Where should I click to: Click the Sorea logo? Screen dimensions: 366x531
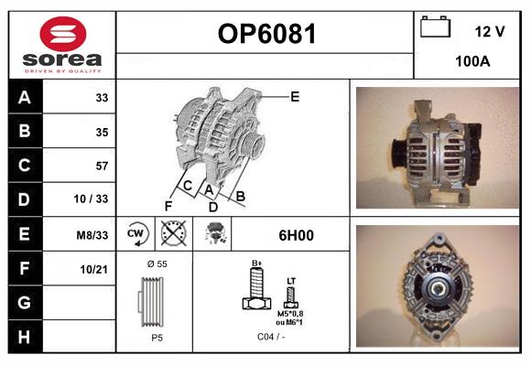(61, 46)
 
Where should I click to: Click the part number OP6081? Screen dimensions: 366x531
(265, 35)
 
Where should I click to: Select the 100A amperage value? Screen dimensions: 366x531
(472, 61)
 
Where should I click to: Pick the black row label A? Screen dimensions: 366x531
(25, 97)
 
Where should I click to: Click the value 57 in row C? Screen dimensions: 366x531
(102, 167)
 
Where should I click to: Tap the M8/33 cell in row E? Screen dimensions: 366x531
(92, 235)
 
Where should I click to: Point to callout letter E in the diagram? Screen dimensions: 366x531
(295, 96)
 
